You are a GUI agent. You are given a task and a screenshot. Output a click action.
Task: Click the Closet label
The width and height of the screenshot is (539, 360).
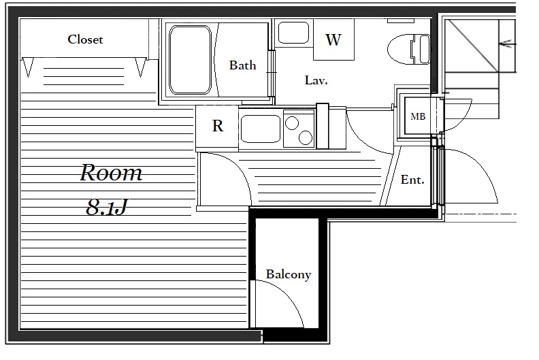pos(85,39)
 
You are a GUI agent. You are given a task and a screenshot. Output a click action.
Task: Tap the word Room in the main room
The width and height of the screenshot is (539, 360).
pos(111,173)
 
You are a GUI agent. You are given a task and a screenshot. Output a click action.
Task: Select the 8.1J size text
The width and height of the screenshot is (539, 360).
pos(107,208)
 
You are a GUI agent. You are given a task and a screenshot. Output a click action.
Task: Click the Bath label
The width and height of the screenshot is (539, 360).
pos(242,65)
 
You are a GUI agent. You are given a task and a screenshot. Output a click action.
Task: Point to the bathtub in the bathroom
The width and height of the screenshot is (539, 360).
pos(190,60)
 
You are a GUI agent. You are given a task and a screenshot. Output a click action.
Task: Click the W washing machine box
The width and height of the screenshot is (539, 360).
pos(333,39)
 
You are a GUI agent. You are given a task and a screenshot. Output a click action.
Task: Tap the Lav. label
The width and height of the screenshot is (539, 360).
pos(316,80)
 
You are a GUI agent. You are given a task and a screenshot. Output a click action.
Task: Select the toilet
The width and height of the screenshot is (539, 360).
pos(409,49)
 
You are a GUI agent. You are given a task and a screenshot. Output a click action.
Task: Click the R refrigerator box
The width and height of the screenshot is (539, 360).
pos(217,127)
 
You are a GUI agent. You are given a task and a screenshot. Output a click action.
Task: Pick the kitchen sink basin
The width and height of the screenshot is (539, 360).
pos(261,129)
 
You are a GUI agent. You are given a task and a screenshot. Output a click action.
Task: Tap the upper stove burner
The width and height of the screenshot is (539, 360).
pos(292,123)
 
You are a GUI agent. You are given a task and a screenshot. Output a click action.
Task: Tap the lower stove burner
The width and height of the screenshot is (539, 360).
pos(306,137)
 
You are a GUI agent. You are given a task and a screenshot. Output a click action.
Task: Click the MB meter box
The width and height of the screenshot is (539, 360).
pos(418,116)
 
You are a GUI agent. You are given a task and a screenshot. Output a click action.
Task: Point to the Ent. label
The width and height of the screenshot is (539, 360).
pos(412,180)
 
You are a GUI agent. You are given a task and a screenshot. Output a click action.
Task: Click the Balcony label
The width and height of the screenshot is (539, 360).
pos(289,274)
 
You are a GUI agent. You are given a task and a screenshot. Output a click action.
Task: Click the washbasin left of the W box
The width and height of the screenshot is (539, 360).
pos(293,33)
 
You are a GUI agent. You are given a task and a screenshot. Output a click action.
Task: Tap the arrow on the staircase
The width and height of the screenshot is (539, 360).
pos(508,44)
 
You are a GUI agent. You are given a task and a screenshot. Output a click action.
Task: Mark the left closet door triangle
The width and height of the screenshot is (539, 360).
pos(28,67)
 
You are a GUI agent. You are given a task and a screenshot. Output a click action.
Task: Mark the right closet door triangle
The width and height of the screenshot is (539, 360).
pos(140,67)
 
